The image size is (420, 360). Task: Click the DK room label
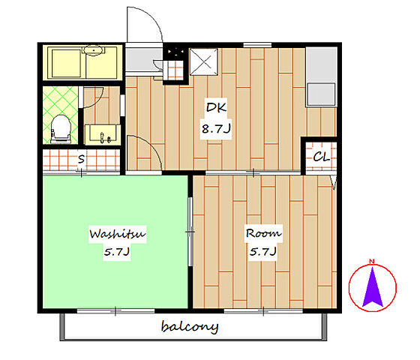pyautogui.click(x=216, y=107)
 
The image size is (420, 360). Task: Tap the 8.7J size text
pyautogui.click(x=216, y=129)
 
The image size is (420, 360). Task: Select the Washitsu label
pyautogui.click(x=118, y=234)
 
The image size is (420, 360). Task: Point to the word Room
pyautogui.click(x=263, y=233)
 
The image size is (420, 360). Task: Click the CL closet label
pyautogui.click(x=322, y=157)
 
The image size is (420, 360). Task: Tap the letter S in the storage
pyautogui.click(x=81, y=159)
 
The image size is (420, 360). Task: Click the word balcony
pyautogui.click(x=190, y=327)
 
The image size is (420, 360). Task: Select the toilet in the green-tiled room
pyautogui.click(x=61, y=129)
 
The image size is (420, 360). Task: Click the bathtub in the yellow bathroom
pyautogui.click(x=66, y=64)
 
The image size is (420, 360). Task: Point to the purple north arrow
pyautogui.click(x=372, y=287)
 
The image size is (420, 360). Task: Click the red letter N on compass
pyautogui.click(x=371, y=261)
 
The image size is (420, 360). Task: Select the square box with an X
pyautogui.click(x=204, y=61)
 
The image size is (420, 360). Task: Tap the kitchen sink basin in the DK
pyautogui.click(x=321, y=94)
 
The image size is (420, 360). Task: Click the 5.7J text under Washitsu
pyautogui.click(x=117, y=252)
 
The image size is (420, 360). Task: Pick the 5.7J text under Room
pyautogui.click(x=263, y=252)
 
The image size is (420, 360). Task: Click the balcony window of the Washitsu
pyautogui.click(x=115, y=311)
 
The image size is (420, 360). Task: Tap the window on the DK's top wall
pyautogui.click(x=257, y=45)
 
